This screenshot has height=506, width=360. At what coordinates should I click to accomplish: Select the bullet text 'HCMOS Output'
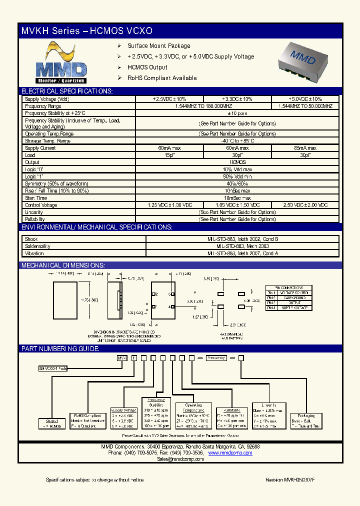pos(147,67)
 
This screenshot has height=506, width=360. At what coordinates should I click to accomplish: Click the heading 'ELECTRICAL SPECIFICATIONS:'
pos(67,91)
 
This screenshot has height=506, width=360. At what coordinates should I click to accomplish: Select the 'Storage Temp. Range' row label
pos(48,141)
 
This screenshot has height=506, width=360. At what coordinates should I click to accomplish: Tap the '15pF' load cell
pos(169,155)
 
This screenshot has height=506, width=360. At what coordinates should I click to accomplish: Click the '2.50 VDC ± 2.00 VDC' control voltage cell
pos(305,205)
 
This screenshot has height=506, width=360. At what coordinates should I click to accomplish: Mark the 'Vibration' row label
pos(34,253)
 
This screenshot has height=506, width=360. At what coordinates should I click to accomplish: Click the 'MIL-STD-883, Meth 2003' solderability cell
pos(242,246)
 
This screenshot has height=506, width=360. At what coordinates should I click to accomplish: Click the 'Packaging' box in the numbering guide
pos(305,420)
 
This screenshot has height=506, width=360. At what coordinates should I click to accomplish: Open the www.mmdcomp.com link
pos(230,453)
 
